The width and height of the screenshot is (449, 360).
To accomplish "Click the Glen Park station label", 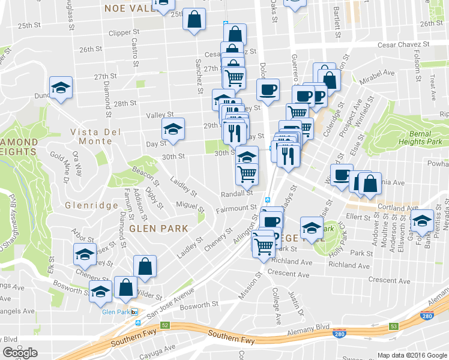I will coord(116,312).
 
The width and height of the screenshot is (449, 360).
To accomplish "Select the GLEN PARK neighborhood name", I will coord(159,229).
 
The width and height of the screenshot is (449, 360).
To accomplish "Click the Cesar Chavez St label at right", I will coord(403,45).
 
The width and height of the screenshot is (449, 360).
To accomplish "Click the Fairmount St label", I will coord(237,208).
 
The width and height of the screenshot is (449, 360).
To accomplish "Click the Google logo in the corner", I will coord(20,353).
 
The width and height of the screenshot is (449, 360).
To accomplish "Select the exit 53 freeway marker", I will coord(394,326).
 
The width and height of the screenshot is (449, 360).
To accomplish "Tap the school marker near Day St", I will coord(173,129).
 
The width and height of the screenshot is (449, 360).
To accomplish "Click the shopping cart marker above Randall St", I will coord(247,174).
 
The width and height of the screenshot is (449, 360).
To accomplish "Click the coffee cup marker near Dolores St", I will coord(268,90).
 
